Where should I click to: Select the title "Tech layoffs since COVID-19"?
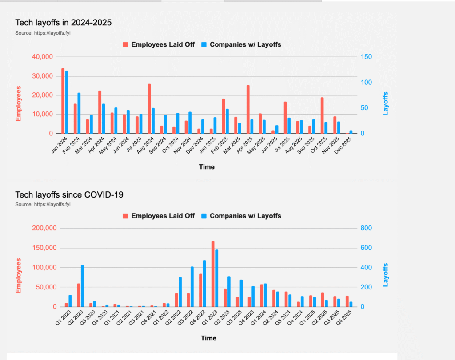(69, 194)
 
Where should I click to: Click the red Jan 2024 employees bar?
(63, 101)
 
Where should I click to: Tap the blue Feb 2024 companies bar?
(79, 113)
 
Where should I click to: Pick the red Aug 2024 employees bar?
(149, 108)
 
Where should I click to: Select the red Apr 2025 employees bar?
(248, 109)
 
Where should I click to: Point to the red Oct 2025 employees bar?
(322, 115)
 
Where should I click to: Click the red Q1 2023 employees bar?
(213, 274)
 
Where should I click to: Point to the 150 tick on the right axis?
(367, 57)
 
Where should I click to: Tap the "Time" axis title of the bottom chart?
(208, 338)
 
